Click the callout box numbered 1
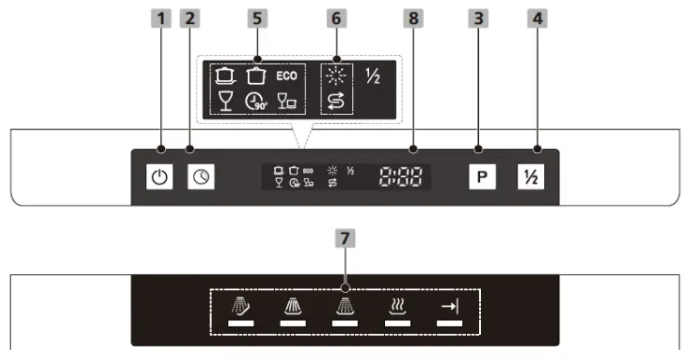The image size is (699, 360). (x=160, y=17)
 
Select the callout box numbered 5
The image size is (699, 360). (x=258, y=17)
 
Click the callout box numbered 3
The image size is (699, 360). (x=479, y=17)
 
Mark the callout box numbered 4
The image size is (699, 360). (x=537, y=17)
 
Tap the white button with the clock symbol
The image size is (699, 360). (x=199, y=175)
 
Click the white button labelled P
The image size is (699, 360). (x=479, y=175)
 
